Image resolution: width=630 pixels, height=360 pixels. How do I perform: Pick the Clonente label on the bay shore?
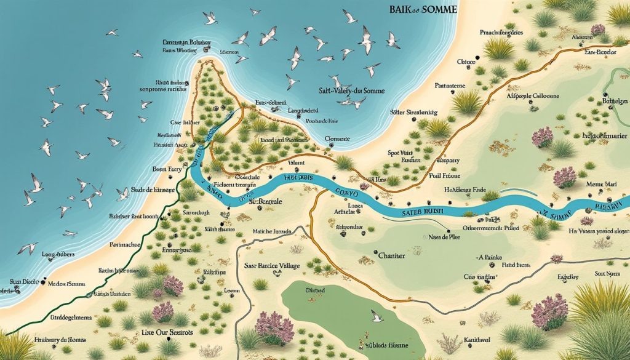337,139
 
